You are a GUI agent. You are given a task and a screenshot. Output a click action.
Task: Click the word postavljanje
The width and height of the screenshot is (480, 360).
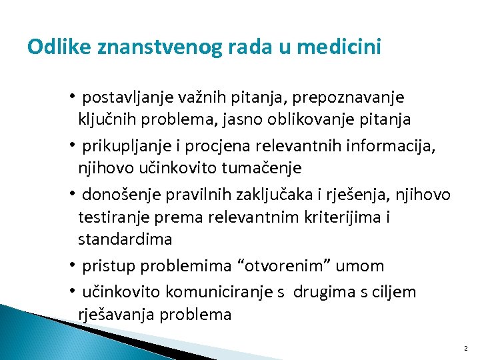[127, 98]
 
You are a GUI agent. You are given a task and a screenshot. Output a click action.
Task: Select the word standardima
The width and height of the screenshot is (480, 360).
[125, 239]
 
